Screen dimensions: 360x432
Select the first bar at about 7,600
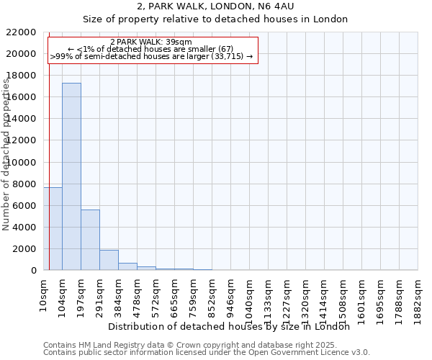point(53,229)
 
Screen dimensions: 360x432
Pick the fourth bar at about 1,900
point(109,260)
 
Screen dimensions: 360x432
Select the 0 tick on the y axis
point(33,271)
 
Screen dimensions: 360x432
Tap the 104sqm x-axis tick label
point(63,291)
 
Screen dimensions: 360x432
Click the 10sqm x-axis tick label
point(44,289)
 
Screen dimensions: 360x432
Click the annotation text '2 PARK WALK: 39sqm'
point(151,42)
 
